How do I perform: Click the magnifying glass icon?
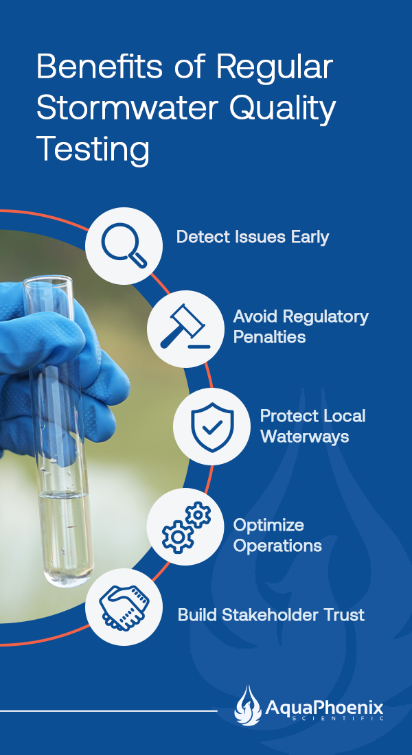pos(124,245)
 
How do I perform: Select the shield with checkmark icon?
pos(212,427)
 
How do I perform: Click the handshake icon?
pos(124,607)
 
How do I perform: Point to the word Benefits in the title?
pos(99,67)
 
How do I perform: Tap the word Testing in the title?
pos(93,150)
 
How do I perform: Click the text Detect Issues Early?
pos(253,237)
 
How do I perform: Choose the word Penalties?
pos(269,337)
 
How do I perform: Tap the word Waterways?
pos(305,437)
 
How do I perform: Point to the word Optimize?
pos(268,525)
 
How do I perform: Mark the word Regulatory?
pos(325,317)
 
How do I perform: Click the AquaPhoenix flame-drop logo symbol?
pos(248,706)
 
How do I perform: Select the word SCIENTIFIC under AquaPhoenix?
pos(339,719)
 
